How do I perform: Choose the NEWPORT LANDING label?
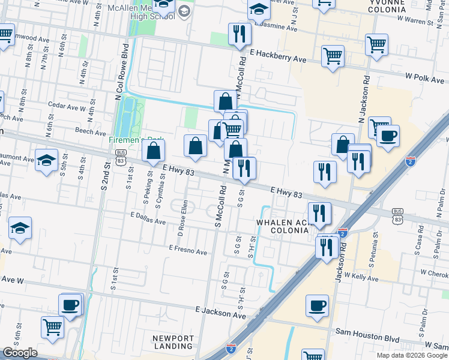click(x=173, y=343)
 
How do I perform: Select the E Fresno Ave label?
click(x=188, y=248)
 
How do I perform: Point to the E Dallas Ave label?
click(x=148, y=218)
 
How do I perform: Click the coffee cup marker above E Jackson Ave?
click(x=318, y=305)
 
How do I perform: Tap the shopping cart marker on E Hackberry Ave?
click(x=332, y=56)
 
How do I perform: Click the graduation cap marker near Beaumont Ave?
click(x=46, y=160)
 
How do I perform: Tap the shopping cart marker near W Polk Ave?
click(x=376, y=44)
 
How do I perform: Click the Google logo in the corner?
click(x=20, y=353)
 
